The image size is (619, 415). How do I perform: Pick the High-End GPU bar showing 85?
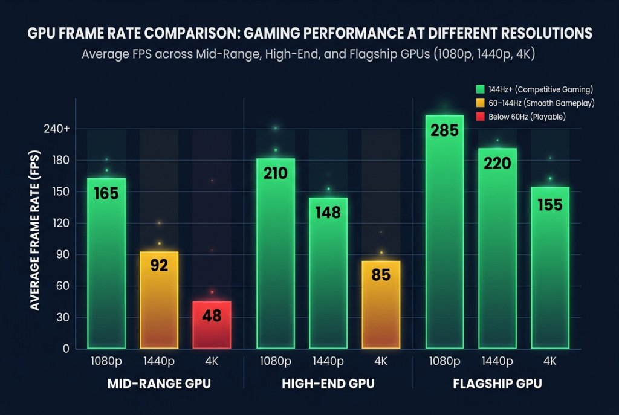(x=381, y=304)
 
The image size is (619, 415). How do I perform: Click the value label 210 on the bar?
(x=275, y=174)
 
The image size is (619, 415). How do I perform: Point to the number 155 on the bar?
(x=550, y=205)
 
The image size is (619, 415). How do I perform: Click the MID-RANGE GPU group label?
(x=159, y=384)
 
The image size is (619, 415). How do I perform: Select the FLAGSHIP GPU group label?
(x=497, y=384)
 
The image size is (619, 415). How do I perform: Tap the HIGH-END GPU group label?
(x=328, y=384)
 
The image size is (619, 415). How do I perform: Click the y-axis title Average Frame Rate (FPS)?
(x=35, y=239)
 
